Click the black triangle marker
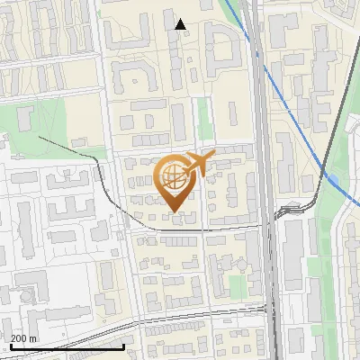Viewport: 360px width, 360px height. pos(181,24)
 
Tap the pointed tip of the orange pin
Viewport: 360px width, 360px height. pos(175,212)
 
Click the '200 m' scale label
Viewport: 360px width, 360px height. pos(24,338)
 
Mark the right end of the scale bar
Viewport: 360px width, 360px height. pos(123,346)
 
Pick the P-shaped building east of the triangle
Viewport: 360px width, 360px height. pos(219,40)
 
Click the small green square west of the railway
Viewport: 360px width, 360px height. pos(236,286)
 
